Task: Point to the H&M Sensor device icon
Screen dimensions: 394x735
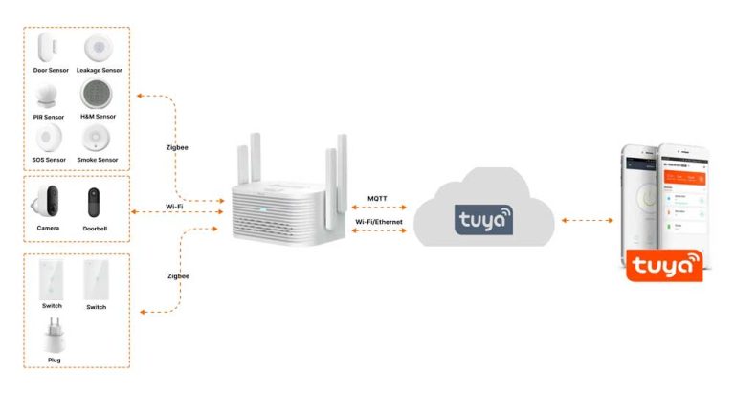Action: click(x=98, y=94)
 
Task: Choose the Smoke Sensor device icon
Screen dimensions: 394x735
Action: click(x=98, y=139)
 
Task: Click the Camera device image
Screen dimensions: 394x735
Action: click(x=49, y=203)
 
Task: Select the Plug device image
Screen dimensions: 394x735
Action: click(x=54, y=337)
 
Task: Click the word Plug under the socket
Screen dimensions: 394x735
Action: click(x=54, y=360)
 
